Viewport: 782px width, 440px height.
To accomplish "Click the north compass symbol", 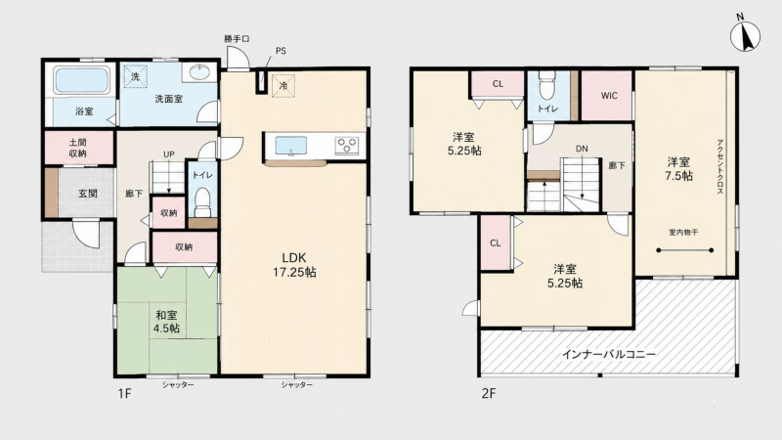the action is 745,35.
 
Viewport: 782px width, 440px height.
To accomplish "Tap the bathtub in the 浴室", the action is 81,81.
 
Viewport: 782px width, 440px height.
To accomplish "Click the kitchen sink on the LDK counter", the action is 291,146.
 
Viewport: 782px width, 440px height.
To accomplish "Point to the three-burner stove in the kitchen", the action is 347,145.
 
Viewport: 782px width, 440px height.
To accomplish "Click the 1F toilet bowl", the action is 202,201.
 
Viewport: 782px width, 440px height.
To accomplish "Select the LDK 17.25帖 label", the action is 294,265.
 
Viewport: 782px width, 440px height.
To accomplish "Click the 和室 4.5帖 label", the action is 167,322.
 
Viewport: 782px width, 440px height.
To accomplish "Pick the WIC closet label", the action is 609,96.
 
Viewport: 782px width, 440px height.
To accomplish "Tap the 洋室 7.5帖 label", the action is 679,168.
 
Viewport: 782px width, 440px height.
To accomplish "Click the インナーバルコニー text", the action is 608,354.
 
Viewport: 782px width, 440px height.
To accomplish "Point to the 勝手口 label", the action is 237,38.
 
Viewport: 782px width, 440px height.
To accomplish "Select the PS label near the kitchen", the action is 281,51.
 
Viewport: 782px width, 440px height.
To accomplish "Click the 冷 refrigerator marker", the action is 283,85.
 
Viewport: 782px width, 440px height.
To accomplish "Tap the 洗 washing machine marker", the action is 136,77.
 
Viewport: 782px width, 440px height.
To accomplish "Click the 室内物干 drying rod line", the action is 684,250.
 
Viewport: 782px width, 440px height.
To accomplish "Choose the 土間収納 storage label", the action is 78,149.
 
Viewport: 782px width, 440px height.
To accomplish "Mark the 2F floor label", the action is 489,394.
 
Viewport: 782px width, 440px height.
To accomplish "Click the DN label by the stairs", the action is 582,149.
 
